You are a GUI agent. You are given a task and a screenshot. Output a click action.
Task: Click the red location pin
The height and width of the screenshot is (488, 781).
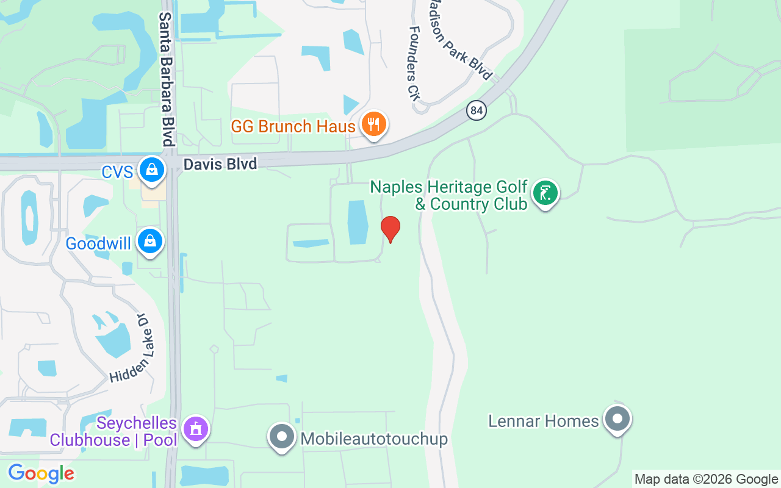(x=390, y=228)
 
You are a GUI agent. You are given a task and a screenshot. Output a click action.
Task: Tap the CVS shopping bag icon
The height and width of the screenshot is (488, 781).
(x=151, y=170)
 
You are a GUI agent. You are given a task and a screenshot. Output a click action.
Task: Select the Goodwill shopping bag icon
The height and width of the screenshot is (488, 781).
(x=150, y=242)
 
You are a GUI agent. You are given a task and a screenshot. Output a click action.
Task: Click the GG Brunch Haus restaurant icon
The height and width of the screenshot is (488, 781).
(x=373, y=124)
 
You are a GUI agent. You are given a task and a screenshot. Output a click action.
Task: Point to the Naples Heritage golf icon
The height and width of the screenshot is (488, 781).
(x=545, y=193)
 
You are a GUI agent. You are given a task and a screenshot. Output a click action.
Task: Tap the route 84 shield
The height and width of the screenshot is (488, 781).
(x=477, y=110)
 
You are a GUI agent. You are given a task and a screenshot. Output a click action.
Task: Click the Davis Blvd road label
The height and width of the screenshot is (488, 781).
(x=220, y=163)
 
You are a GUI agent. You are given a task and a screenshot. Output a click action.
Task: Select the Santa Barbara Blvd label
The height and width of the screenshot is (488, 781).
(x=167, y=79)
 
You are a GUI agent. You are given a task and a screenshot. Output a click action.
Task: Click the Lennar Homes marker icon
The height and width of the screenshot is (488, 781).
(x=617, y=419)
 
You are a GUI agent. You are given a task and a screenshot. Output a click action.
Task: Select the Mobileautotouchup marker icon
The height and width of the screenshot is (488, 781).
(x=282, y=437)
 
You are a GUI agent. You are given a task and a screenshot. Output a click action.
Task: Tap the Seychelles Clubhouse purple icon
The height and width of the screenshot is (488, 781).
(x=196, y=429)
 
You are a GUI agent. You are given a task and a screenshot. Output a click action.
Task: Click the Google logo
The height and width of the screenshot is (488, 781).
(x=41, y=473)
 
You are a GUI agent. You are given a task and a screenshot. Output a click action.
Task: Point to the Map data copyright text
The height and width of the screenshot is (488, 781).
(x=707, y=479)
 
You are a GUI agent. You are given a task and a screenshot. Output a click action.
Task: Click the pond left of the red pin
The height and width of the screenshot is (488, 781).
(x=358, y=222)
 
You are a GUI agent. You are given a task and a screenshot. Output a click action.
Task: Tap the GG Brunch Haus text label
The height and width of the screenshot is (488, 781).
(x=293, y=127)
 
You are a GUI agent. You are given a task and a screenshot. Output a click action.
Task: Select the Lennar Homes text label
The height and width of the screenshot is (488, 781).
(x=544, y=421)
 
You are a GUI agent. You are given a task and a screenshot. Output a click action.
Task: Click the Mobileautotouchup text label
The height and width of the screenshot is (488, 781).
(x=374, y=439)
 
